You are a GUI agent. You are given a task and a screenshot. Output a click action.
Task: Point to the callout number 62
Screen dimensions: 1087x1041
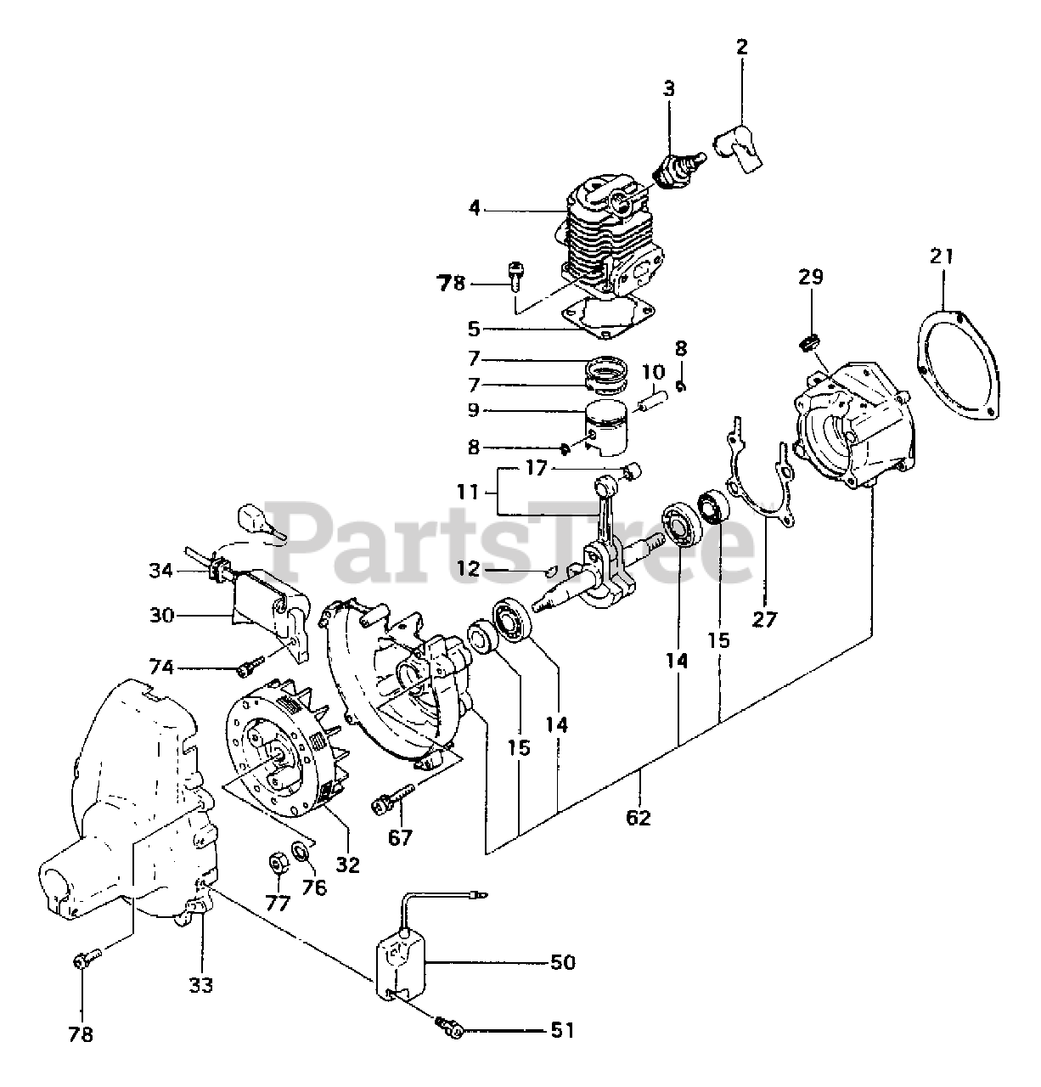639,818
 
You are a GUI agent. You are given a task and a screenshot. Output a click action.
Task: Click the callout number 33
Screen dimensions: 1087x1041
201,984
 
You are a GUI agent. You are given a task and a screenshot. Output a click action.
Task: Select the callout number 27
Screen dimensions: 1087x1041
764,619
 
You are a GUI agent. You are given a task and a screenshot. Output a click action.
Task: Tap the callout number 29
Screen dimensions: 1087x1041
811,277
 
